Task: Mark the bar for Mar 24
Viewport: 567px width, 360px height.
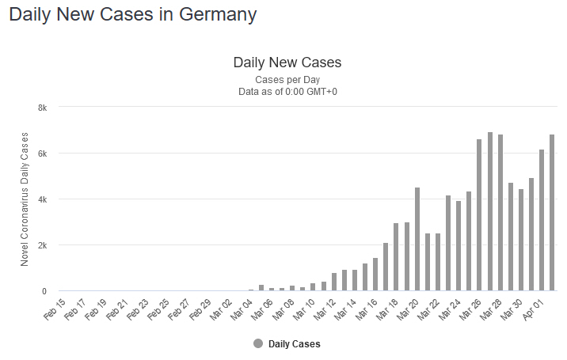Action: pos(459,246)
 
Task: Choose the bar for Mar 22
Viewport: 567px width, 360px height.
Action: pos(438,262)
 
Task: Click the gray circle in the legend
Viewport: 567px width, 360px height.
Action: pos(257,344)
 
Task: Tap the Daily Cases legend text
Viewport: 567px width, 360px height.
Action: pos(295,344)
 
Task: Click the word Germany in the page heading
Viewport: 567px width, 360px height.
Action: pos(215,14)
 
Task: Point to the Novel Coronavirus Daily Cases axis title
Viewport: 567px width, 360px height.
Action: pos(25,199)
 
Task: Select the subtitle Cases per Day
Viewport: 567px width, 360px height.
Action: pos(287,80)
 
